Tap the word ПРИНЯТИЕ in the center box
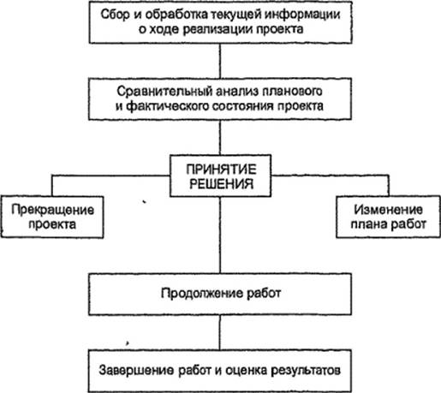[221, 170]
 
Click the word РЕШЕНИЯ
[221, 184]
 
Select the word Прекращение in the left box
[52, 210]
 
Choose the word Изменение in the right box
[388, 210]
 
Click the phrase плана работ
[388, 224]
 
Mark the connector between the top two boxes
[220, 61]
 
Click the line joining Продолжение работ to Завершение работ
[220, 333]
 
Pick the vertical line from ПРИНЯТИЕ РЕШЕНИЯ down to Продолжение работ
[220, 235]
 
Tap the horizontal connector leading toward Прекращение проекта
[110, 176]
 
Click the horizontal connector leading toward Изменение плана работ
[330, 176]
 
